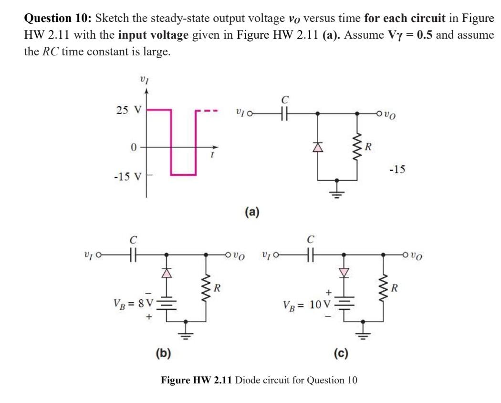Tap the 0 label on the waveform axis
(x=135, y=148)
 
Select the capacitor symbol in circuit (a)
(x=285, y=115)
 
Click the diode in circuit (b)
(x=167, y=273)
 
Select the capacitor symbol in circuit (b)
(x=134, y=255)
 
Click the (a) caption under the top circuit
(x=251, y=212)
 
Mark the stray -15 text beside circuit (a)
(x=397, y=170)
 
